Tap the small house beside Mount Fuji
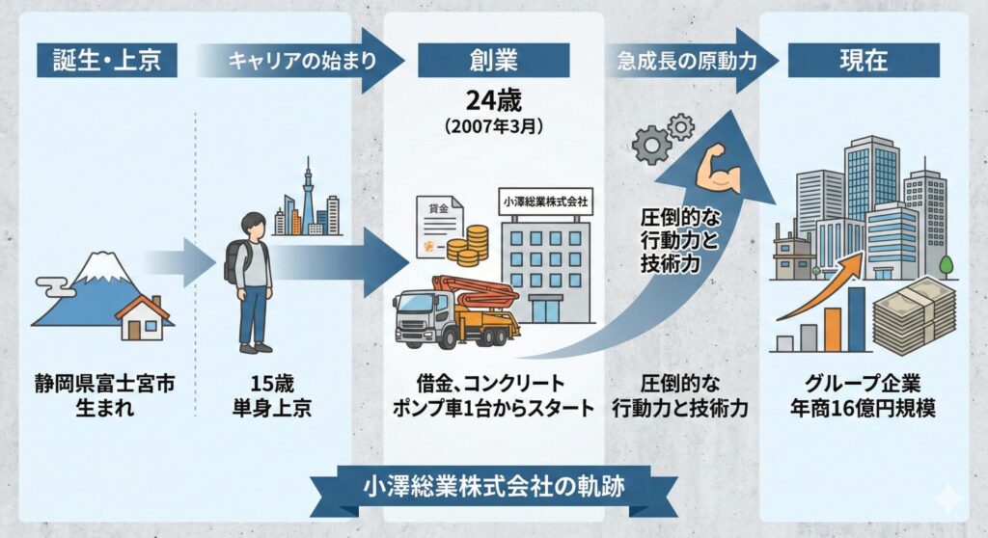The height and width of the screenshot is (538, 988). point(143,318)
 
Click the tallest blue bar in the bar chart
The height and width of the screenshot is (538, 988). point(856,319)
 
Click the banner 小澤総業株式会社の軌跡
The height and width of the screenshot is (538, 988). point(493,487)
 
